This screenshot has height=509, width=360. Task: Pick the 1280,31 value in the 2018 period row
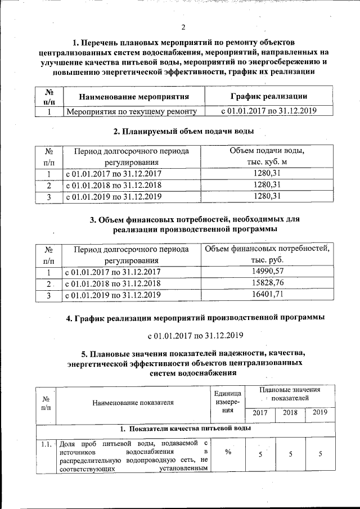[x=267, y=184]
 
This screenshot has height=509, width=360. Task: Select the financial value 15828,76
[x=267, y=282]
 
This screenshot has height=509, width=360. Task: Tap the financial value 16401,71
[x=267, y=294]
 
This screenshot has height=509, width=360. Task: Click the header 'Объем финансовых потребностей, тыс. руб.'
[x=267, y=254]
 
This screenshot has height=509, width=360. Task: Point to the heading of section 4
[x=195, y=318]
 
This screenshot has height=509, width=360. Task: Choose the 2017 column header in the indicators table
[x=260, y=413]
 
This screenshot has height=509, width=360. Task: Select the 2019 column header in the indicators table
[x=320, y=412]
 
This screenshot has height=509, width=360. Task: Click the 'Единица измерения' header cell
[x=228, y=402]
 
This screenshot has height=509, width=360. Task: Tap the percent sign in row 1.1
[x=228, y=454]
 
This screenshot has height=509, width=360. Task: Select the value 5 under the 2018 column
[x=290, y=454]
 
